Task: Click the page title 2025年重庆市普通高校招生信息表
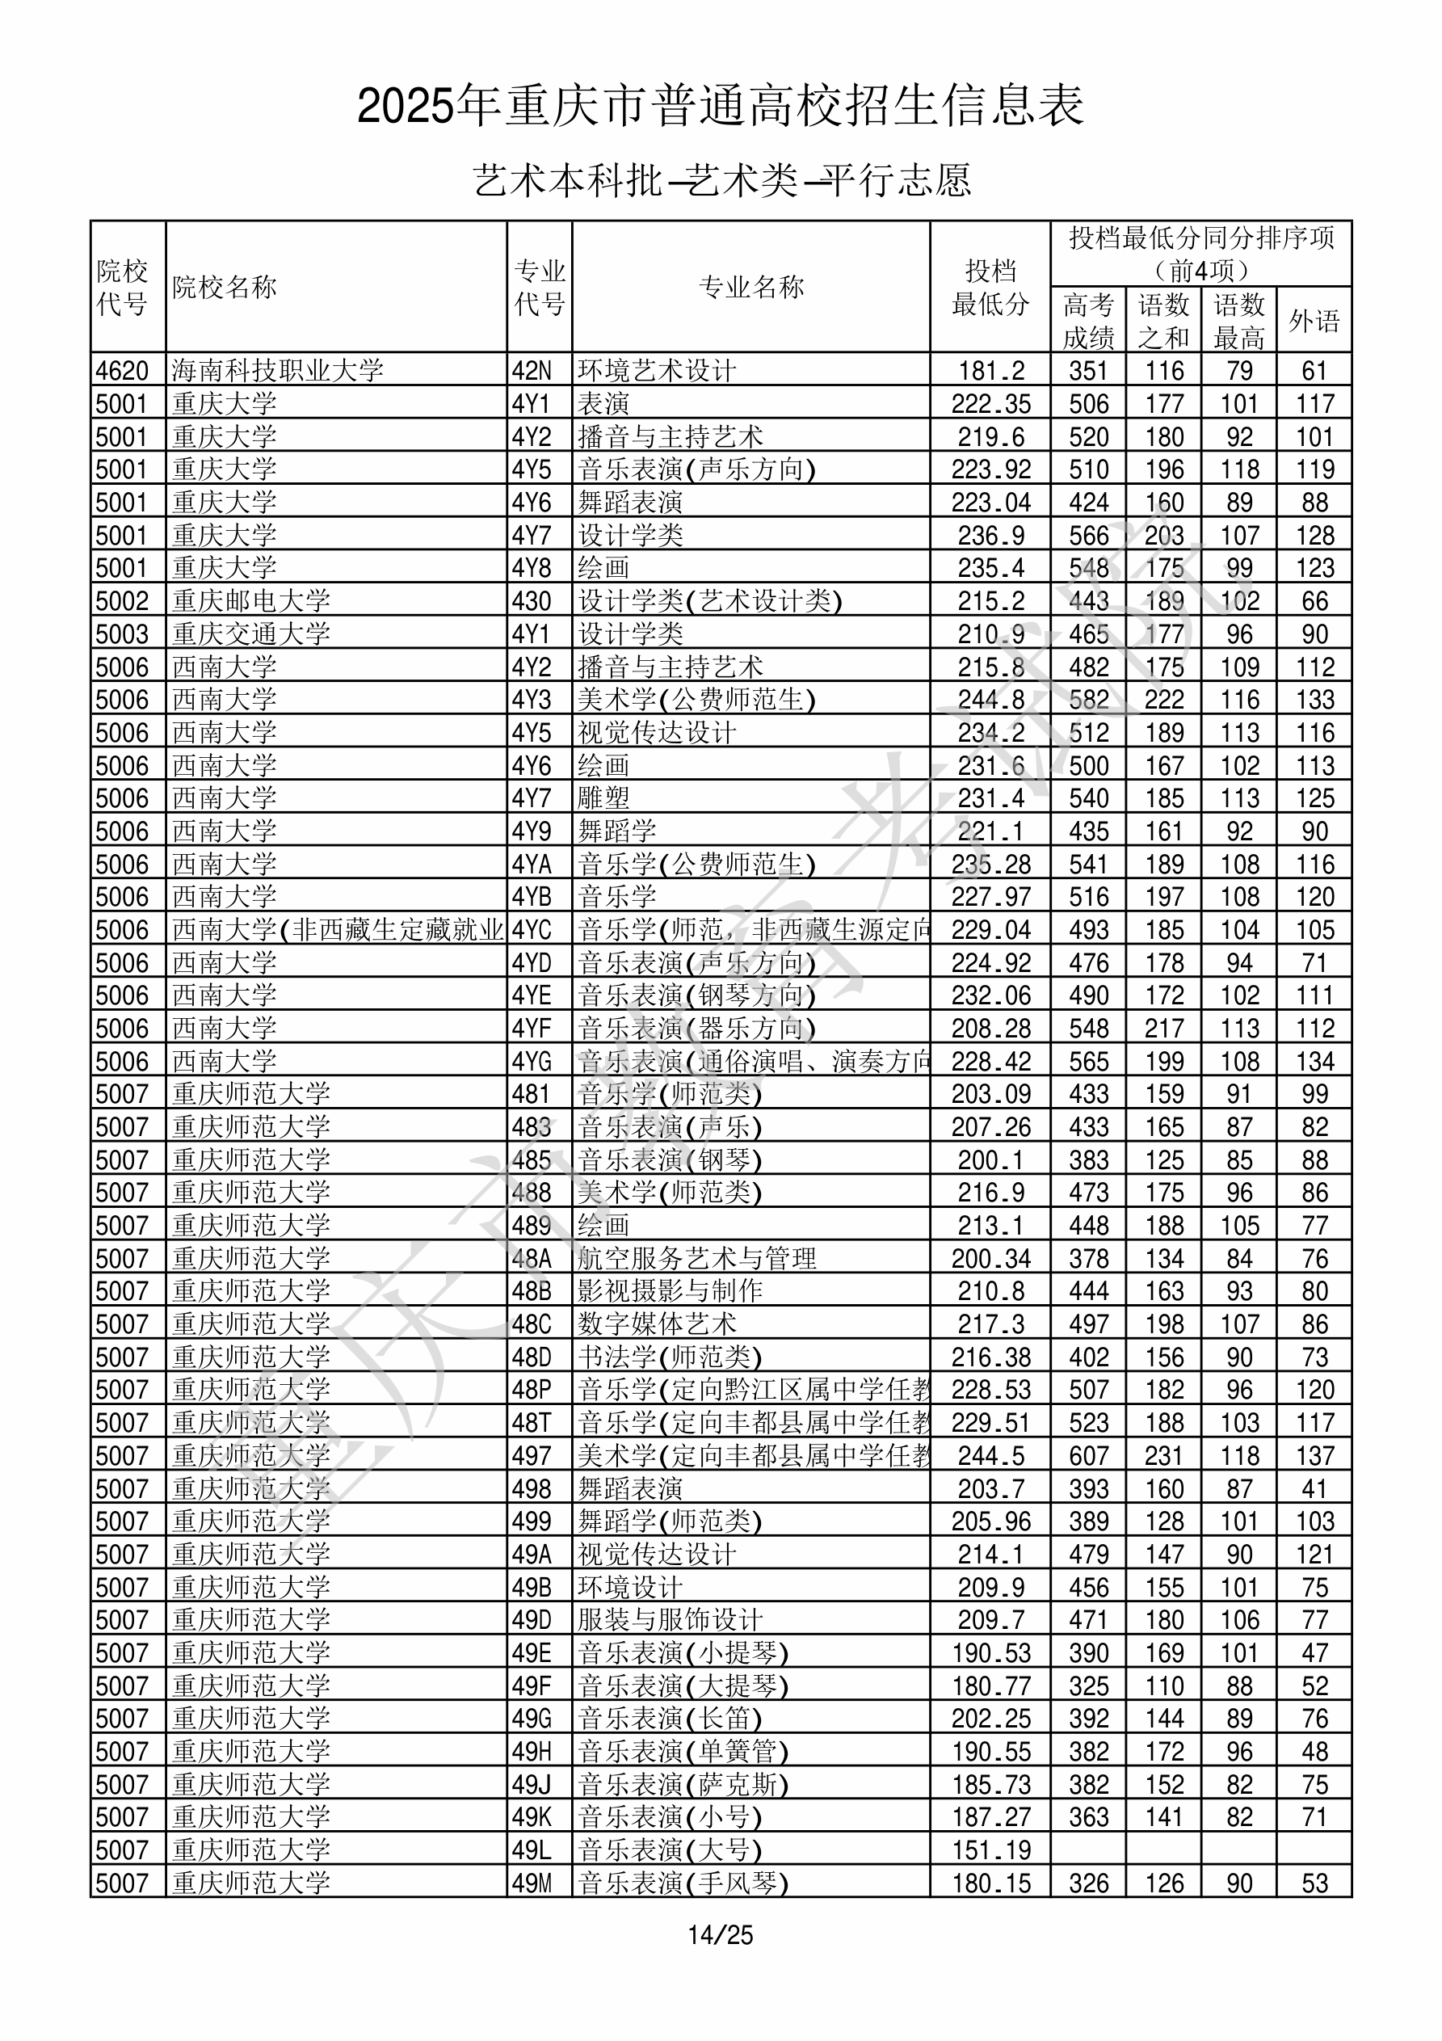(x=720, y=107)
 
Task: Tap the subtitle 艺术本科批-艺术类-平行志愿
(x=721, y=180)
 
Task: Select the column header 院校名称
(x=225, y=287)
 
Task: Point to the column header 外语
(x=1314, y=320)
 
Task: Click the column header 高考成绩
(x=1088, y=321)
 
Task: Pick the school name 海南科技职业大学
(x=277, y=370)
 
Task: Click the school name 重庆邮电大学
(x=250, y=601)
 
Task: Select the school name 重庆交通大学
(x=250, y=633)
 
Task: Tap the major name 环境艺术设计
(x=657, y=370)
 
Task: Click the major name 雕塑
(x=603, y=797)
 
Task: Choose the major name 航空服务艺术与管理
(x=697, y=1258)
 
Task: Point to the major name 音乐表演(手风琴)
(x=683, y=1883)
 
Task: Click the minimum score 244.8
(x=990, y=700)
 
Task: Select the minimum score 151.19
(x=990, y=1850)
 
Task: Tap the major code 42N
(x=532, y=370)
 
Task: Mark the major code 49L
(x=532, y=1850)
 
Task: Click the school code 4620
(x=123, y=370)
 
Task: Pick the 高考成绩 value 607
(x=1088, y=1455)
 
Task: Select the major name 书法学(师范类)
(x=670, y=1357)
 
